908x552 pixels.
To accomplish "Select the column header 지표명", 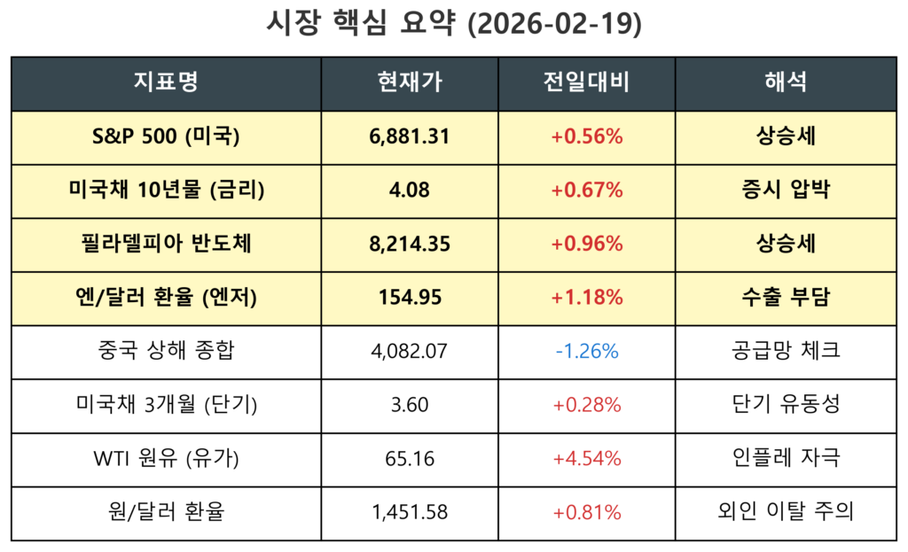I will pos(166,83).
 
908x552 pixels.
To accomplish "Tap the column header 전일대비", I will pos(586,83).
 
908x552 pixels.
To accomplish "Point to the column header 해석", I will pos(786,83).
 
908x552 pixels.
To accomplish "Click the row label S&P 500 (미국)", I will pos(166,136).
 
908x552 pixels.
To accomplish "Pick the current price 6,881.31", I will pos(409,136).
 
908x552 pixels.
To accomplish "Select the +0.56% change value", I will pos(586,136).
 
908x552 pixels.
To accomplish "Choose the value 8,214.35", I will pos(409,244).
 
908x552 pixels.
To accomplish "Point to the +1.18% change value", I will pos(586,298).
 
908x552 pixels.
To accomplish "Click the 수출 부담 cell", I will pos(786,298).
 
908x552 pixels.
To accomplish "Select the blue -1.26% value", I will pos(586,351).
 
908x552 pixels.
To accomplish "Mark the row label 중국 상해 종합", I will pos(166,351).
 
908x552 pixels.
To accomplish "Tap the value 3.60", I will pos(409,405).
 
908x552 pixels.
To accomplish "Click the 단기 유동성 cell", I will pos(786,405).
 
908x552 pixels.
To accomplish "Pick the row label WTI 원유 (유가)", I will pos(166,459).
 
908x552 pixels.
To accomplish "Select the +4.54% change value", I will pos(586,459).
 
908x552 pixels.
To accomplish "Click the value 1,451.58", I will pos(409,512).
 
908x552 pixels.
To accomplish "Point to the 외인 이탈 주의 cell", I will pos(786,512).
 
